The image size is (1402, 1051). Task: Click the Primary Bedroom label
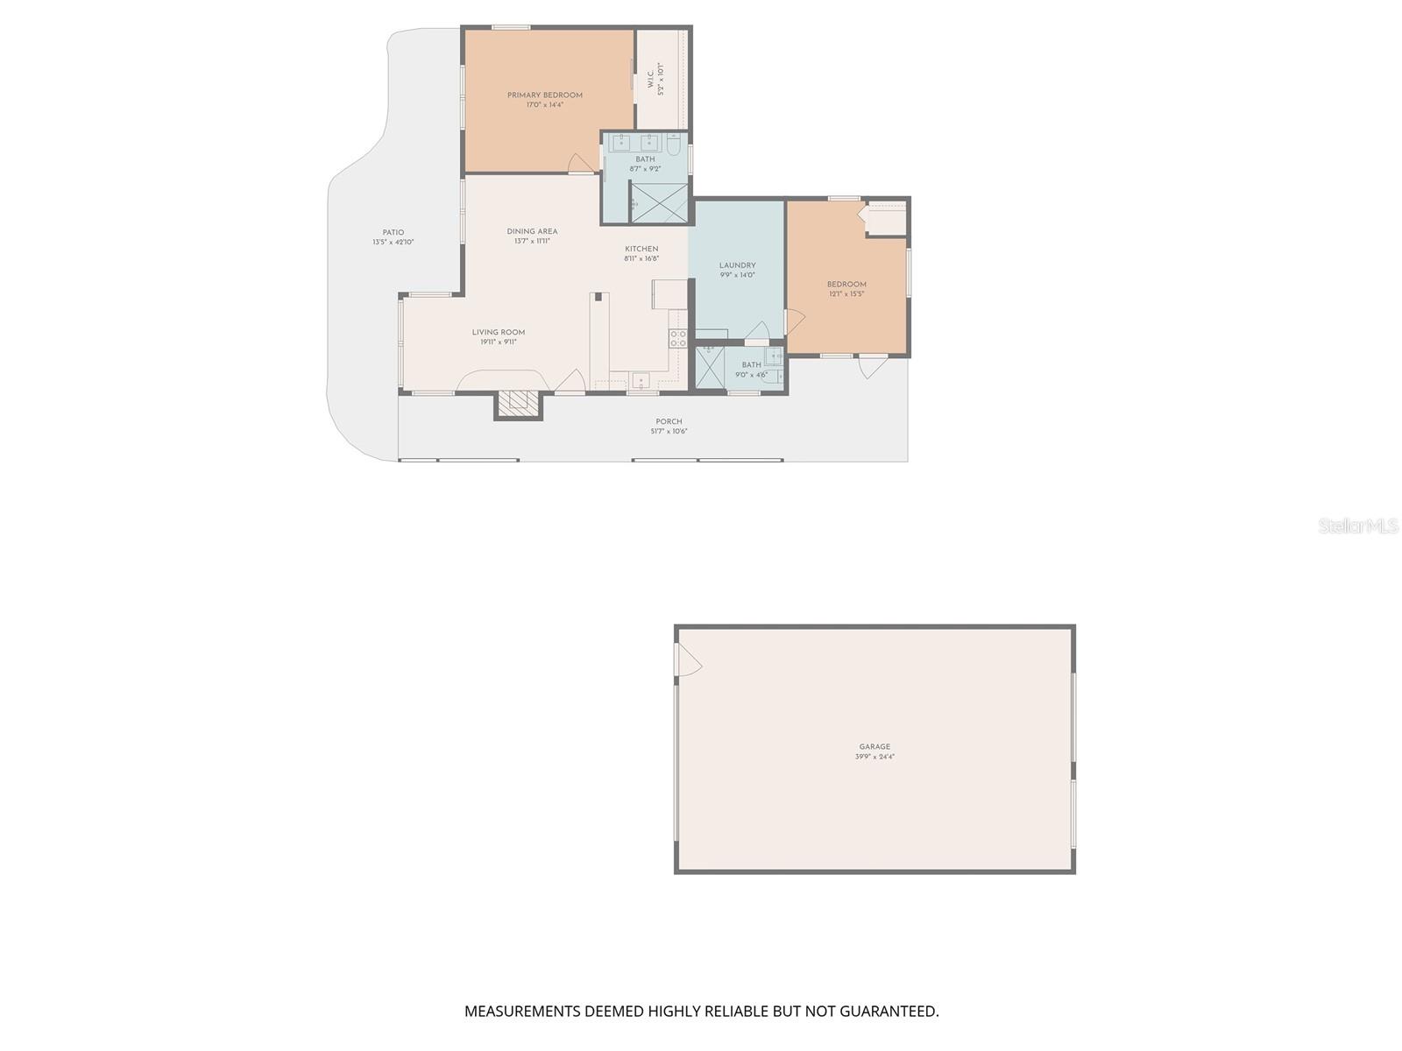pyautogui.click(x=544, y=95)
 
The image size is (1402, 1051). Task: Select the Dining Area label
pyautogui.click(x=532, y=232)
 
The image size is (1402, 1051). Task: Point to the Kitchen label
pyautogui.click(x=641, y=250)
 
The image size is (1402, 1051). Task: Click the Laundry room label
pyautogui.click(x=737, y=265)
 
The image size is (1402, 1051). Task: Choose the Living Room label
pyautogui.click(x=499, y=333)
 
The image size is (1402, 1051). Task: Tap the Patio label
pyautogui.click(x=393, y=233)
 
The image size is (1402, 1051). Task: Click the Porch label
pyautogui.click(x=669, y=422)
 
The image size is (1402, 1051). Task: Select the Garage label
pyautogui.click(x=874, y=747)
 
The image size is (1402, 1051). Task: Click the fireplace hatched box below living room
pyautogui.click(x=518, y=403)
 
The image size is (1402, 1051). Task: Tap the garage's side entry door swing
pyautogui.click(x=688, y=660)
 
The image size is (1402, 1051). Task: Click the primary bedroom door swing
pyautogui.click(x=580, y=163)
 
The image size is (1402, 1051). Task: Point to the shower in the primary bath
pyautogui.click(x=659, y=202)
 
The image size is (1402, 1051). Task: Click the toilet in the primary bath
pyautogui.click(x=673, y=143)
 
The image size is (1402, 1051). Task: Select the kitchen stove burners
pyautogui.click(x=677, y=339)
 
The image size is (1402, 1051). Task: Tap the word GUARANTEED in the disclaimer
pyautogui.click(x=889, y=1012)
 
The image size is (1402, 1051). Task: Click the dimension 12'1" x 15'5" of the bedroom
pyautogui.click(x=846, y=294)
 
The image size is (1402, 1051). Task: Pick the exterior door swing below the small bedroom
pyautogui.click(x=872, y=366)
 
